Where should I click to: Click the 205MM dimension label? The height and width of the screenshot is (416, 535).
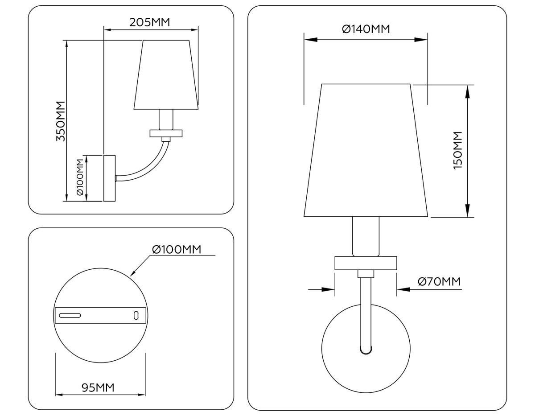coord(150,22)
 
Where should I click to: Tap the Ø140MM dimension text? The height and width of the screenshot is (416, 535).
coord(366,29)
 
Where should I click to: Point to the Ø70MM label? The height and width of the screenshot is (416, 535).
coord(439,282)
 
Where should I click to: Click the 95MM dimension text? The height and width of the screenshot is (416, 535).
coord(98,387)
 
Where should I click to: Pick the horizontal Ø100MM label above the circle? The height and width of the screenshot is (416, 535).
coord(177,249)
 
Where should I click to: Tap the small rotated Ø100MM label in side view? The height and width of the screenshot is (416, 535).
coord(80,177)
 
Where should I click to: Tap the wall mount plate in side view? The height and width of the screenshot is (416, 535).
coord(109,178)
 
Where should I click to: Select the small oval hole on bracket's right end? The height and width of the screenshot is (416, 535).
coord(136,315)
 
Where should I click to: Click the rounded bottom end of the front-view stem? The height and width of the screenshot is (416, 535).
coord(366,350)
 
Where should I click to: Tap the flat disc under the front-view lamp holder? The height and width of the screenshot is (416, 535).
coord(366,263)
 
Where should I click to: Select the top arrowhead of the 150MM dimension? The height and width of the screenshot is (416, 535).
coord(467,91)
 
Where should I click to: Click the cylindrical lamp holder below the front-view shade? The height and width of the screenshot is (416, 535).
coord(366,236)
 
